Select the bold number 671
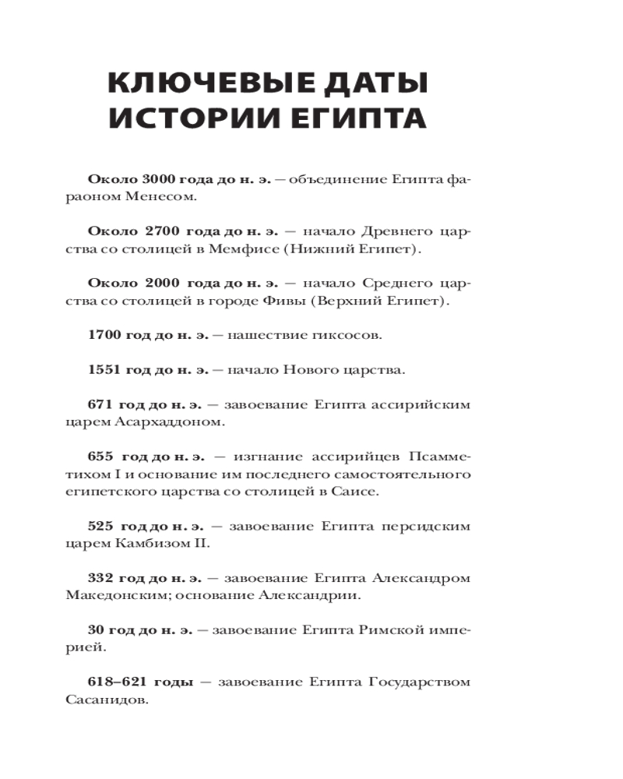pyautogui.click(x=100, y=404)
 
